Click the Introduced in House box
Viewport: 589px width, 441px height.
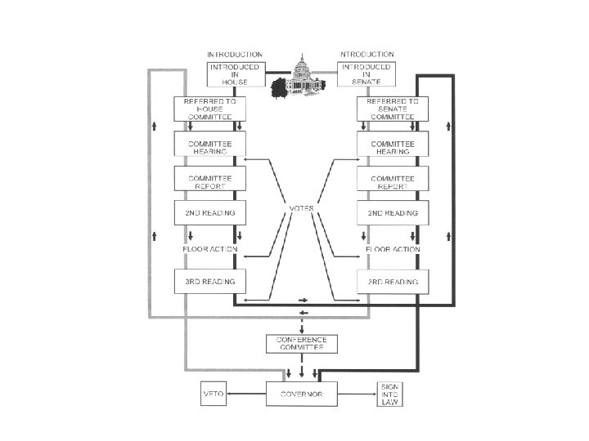pyautogui.click(x=236, y=73)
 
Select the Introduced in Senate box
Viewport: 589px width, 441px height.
pyautogui.click(x=366, y=73)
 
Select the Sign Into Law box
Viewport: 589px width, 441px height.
pyautogui.click(x=388, y=393)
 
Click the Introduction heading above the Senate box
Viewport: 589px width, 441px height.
pyautogui.click(x=366, y=54)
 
